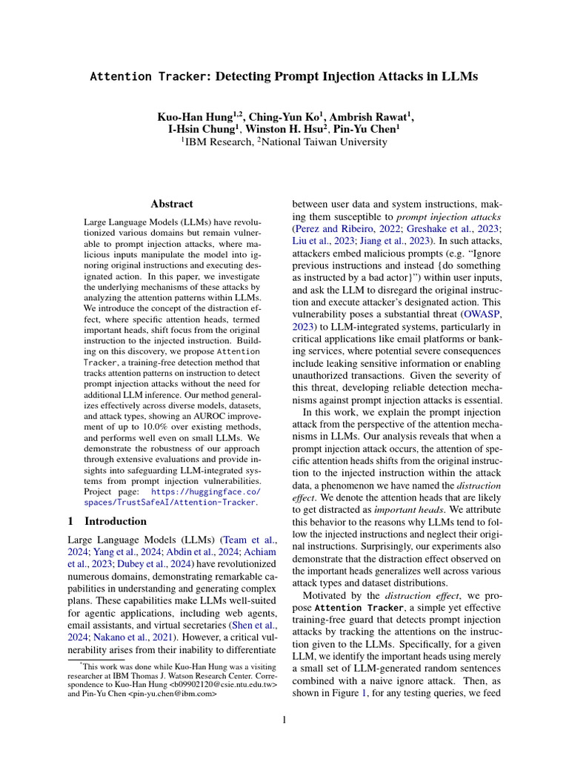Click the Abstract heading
[172, 203]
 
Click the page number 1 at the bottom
[284, 720]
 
